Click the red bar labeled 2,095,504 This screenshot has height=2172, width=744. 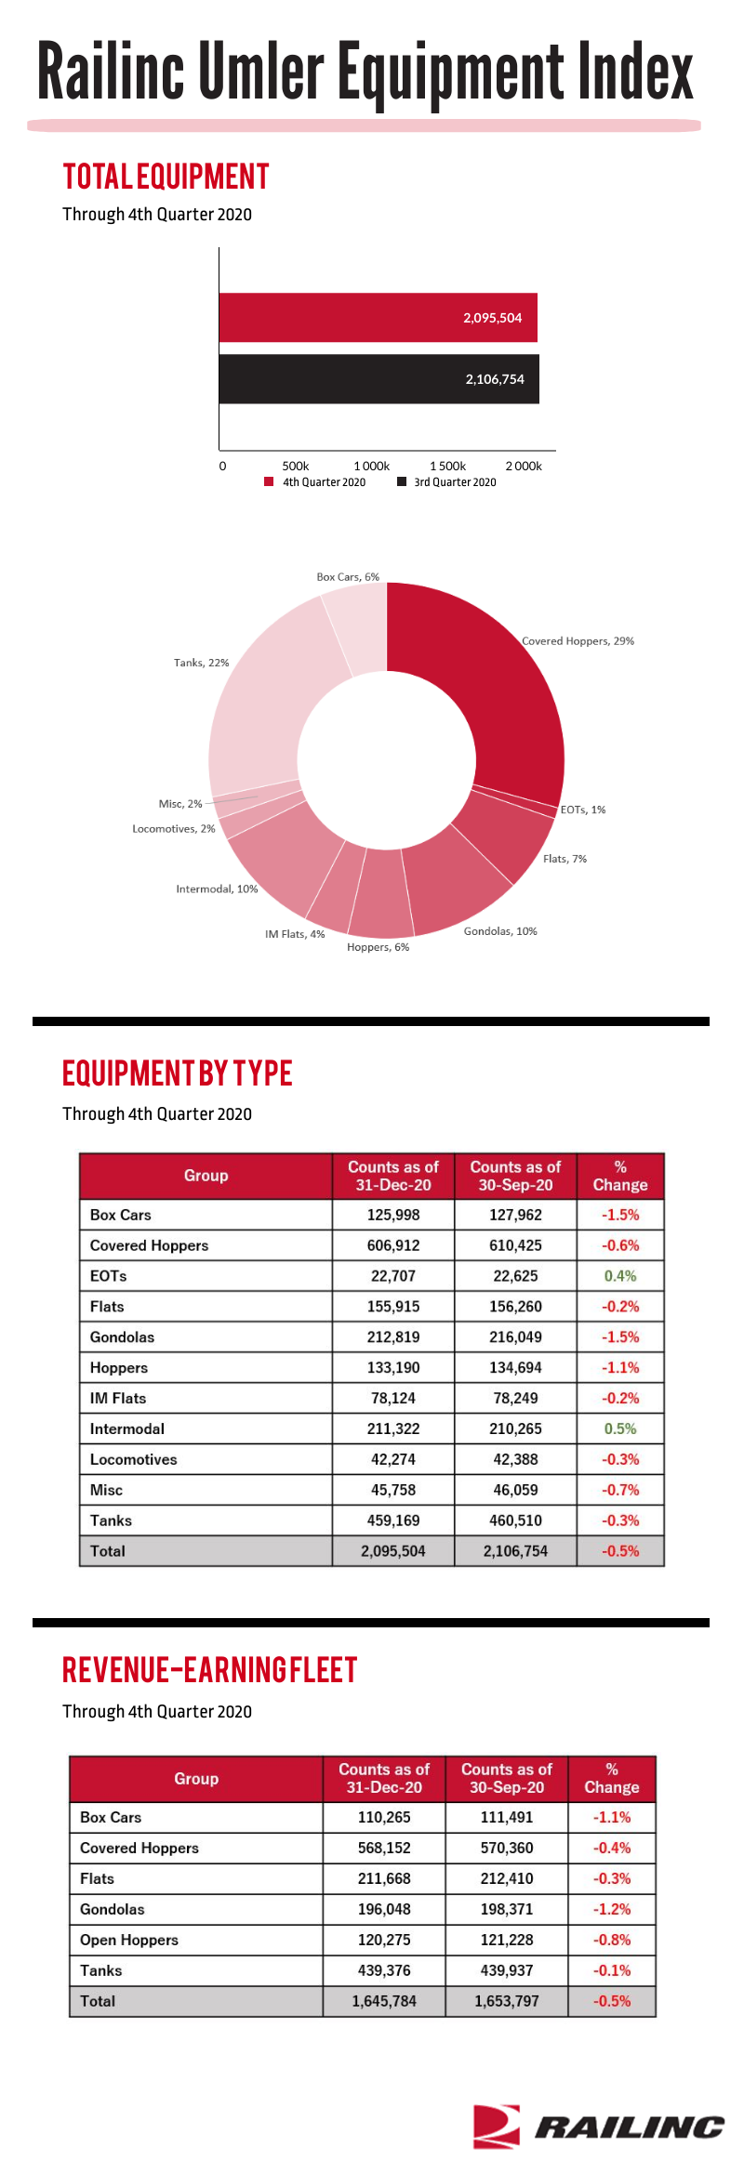379,318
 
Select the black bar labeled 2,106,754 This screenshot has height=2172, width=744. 379,379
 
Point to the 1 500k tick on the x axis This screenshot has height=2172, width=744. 447,466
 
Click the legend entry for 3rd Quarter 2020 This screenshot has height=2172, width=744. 447,482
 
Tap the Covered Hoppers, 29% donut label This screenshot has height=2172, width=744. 578,641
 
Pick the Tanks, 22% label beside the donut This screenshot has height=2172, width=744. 201,663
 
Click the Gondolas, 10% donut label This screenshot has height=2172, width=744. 500,931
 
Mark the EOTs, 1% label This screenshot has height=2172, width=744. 583,810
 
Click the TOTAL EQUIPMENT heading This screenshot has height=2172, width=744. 166,177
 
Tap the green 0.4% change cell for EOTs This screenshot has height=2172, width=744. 620,1276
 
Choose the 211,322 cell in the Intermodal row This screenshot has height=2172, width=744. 393,1428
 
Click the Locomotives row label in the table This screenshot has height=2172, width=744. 133,1459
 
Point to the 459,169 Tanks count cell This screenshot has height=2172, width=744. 393,1520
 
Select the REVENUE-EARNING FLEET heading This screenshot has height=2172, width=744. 209,1670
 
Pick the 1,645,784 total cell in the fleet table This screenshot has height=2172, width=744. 384,2001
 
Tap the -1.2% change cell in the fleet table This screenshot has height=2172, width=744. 612,1909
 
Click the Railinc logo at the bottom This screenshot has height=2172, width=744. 598,2126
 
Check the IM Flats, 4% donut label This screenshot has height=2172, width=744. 295,934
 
